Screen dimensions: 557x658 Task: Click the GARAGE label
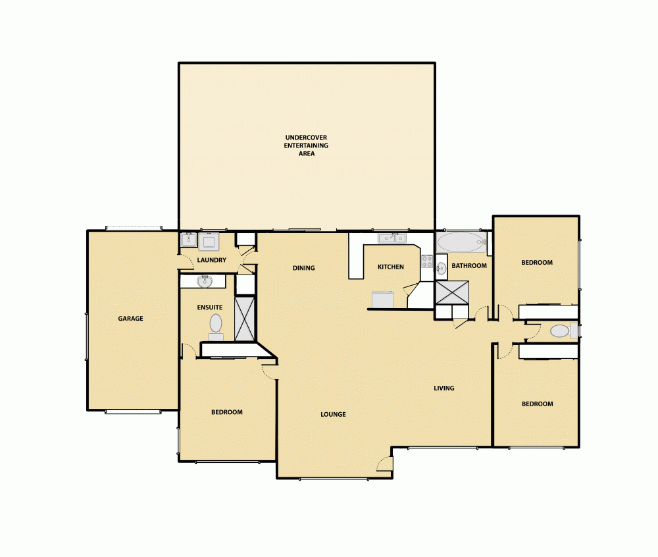(x=130, y=319)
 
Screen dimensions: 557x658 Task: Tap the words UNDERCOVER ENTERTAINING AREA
(x=306, y=146)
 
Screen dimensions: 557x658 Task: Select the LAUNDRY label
(x=212, y=260)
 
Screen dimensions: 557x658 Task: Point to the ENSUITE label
(x=210, y=307)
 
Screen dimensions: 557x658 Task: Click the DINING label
(x=304, y=268)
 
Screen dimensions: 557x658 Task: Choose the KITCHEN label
(x=390, y=267)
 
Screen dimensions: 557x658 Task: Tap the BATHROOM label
(x=469, y=266)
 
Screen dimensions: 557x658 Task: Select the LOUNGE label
(x=333, y=414)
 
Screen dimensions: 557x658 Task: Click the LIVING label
(x=444, y=388)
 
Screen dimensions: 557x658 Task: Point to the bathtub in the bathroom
(x=461, y=242)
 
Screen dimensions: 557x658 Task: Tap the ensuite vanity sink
(x=205, y=282)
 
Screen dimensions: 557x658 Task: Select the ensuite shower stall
(x=245, y=319)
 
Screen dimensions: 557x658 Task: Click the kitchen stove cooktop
(x=426, y=263)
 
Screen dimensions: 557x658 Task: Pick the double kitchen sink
(x=391, y=238)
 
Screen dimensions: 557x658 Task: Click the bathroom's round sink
(x=441, y=268)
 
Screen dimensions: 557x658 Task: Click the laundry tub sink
(x=190, y=240)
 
